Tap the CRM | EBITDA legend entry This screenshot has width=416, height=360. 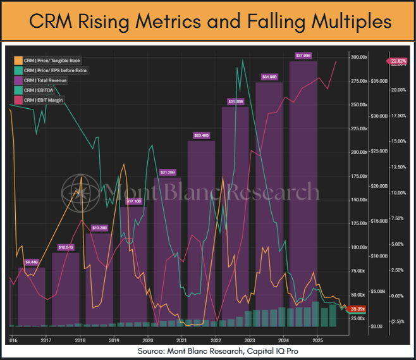[39, 90]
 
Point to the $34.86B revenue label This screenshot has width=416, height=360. [269, 77]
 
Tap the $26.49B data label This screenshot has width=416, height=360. [200, 135]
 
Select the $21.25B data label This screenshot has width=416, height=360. [168, 172]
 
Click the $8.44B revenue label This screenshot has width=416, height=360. [32, 261]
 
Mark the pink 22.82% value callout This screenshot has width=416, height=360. [398, 61]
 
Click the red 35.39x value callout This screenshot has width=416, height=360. [359, 309]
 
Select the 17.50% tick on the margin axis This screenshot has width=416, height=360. [398, 116]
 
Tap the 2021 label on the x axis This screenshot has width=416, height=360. [181, 339]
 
